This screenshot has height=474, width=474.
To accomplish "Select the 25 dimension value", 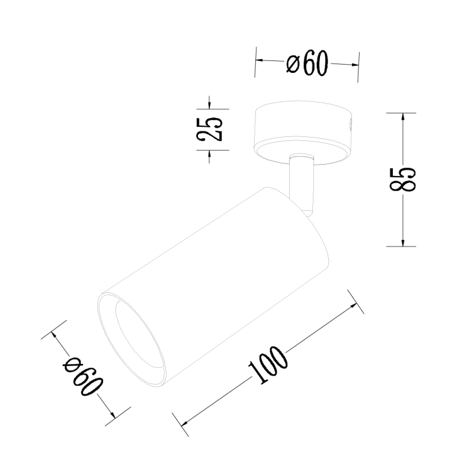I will point(210,129).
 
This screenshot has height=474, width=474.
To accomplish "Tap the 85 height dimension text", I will point(403,180).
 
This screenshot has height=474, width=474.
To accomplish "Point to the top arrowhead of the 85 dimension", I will point(403,116).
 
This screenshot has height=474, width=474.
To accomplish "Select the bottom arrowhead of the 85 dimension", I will point(403,242).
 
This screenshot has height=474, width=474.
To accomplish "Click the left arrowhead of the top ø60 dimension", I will point(258,60).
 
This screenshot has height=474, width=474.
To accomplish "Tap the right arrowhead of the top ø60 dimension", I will point(355,65).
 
